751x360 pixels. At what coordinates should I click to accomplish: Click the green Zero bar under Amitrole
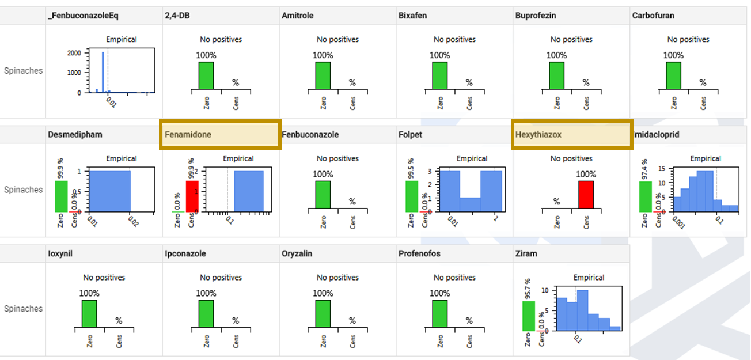coord(323,75)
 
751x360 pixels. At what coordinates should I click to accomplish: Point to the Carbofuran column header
coord(653,16)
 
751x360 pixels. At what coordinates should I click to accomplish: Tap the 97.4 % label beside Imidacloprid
coord(644,168)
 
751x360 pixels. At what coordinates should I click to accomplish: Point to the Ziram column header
coord(526,253)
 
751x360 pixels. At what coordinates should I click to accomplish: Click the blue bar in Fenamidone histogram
coord(248,191)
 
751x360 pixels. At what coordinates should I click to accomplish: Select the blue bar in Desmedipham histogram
coord(109,191)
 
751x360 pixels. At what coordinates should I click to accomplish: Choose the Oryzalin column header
coord(297,253)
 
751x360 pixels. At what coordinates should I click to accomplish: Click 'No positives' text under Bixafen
coord(454,40)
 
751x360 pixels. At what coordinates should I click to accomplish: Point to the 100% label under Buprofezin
coord(556,55)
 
